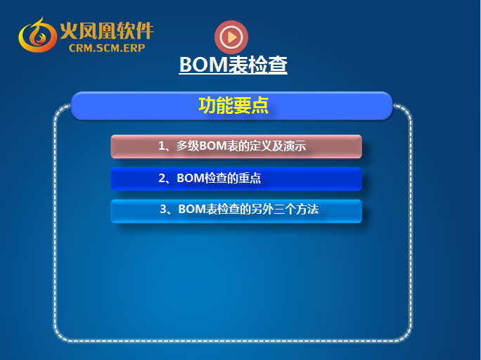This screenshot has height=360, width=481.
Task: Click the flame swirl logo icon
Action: click(x=37, y=35)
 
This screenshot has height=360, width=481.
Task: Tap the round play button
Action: click(x=231, y=37)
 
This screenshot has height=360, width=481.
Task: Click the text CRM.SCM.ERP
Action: click(x=107, y=48)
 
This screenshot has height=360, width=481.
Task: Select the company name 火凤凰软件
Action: click(x=106, y=31)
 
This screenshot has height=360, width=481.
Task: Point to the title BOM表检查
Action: click(x=233, y=65)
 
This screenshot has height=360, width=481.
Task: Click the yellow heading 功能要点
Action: click(x=233, y=105)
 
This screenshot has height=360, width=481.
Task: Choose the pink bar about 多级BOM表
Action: click(x=236, y=146)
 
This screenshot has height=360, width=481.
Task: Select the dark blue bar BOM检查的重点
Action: click(x=236, y=179)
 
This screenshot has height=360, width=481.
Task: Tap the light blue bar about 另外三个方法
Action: click(x=236, y=211)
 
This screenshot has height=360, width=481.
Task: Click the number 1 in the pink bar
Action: click(x=162, y=146)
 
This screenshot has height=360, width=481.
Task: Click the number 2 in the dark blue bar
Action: click(x=162, y=178)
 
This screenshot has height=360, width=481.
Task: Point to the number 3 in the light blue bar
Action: click(x=164, y=210)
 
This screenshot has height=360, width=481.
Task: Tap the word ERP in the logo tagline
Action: click(x=135, y=48)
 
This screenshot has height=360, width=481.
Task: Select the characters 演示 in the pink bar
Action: click(x=295, y=146)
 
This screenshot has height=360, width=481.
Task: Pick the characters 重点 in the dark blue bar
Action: click(x=250, y=178)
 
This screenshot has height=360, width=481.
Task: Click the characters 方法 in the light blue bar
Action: click(x=307, y=210)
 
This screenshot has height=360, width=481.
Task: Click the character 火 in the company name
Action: click(x=68, y=31)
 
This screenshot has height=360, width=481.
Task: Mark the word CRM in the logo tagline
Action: click(x=79, y=48)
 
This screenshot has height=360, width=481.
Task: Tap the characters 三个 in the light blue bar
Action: click(x=285, y=210)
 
